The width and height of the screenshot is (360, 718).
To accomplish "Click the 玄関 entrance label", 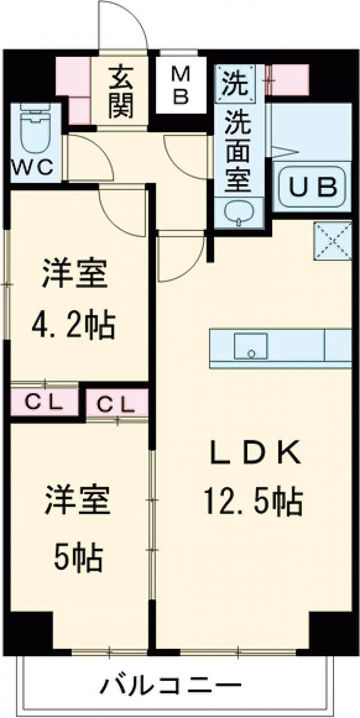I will click(121, 93).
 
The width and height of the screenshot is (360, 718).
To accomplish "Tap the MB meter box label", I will click(180, 86).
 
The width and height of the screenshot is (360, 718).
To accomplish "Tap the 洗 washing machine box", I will click(235, 80).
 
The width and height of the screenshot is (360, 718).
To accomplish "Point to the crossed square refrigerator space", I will click(332, 241).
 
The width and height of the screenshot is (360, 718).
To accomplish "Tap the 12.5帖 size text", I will click(253, 501).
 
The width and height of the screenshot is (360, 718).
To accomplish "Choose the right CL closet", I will click(116, 404).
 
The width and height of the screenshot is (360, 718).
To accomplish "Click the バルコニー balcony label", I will click(171, 686).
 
